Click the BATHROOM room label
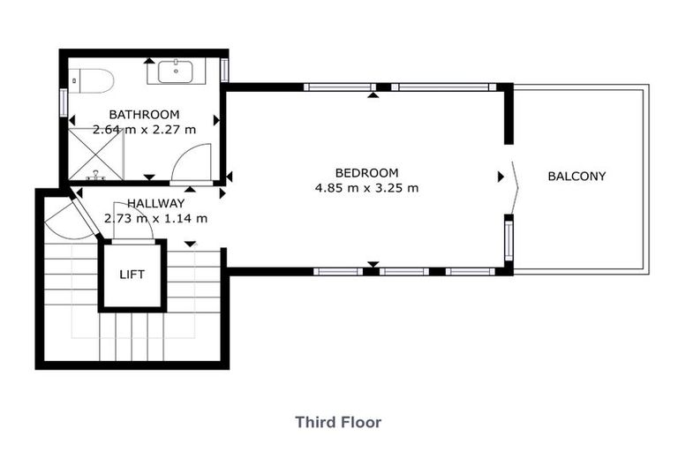[x=144, y=114]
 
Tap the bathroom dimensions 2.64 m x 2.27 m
[x=144, y=129]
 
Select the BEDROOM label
[x=366, y=172]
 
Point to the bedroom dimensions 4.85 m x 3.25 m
[x=366, y=187]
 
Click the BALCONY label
[x=576, y=176]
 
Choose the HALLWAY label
[x=155, y=203]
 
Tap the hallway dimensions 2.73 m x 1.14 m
[x=155, y=217]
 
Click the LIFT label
[x=132, y=274]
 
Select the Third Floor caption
[x=338, y=422]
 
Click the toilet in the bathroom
[x=91, y=81]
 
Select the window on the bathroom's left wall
[x=63, y=101]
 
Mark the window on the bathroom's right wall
[x=224, y=69]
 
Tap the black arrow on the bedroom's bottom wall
[x=373, y=264]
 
